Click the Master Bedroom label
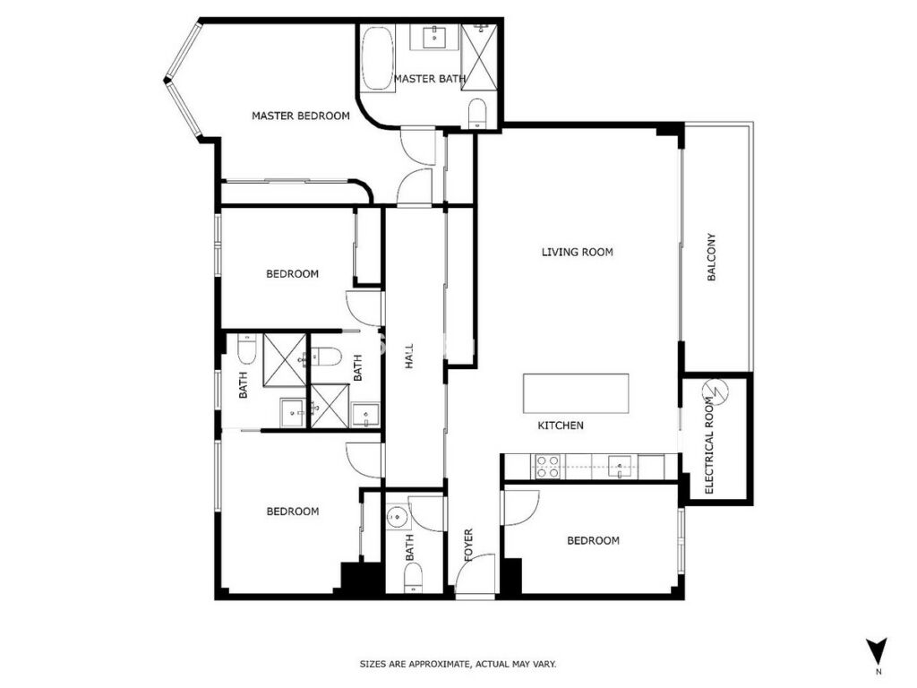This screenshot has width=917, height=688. tap(301, 116)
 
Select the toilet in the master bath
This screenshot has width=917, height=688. tap(478, 114)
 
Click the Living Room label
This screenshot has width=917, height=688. tap(578, 252)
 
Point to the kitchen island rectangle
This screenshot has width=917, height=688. tap(576, 394)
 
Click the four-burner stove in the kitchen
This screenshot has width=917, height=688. tap(548, 466)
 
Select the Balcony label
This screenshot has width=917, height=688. tap(712, 257)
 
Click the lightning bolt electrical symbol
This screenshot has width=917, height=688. tap(715, 391)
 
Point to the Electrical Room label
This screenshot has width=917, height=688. tap(709, 446)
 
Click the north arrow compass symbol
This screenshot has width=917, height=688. tap(878, 650)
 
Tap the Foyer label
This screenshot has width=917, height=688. tap(468, 546)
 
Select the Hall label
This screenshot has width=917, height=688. tap(408, 356)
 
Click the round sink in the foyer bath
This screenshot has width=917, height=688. tap(399, 517)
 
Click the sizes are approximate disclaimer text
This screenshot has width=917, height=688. tap(458, 664)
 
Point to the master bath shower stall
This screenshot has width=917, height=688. tap(479, 57)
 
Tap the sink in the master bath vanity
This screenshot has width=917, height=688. tap(434, 38)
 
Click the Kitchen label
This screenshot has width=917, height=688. tap(561, 426)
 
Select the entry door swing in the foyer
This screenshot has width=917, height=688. tap(476, 575)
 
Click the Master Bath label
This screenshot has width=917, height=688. tap(430, 79)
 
